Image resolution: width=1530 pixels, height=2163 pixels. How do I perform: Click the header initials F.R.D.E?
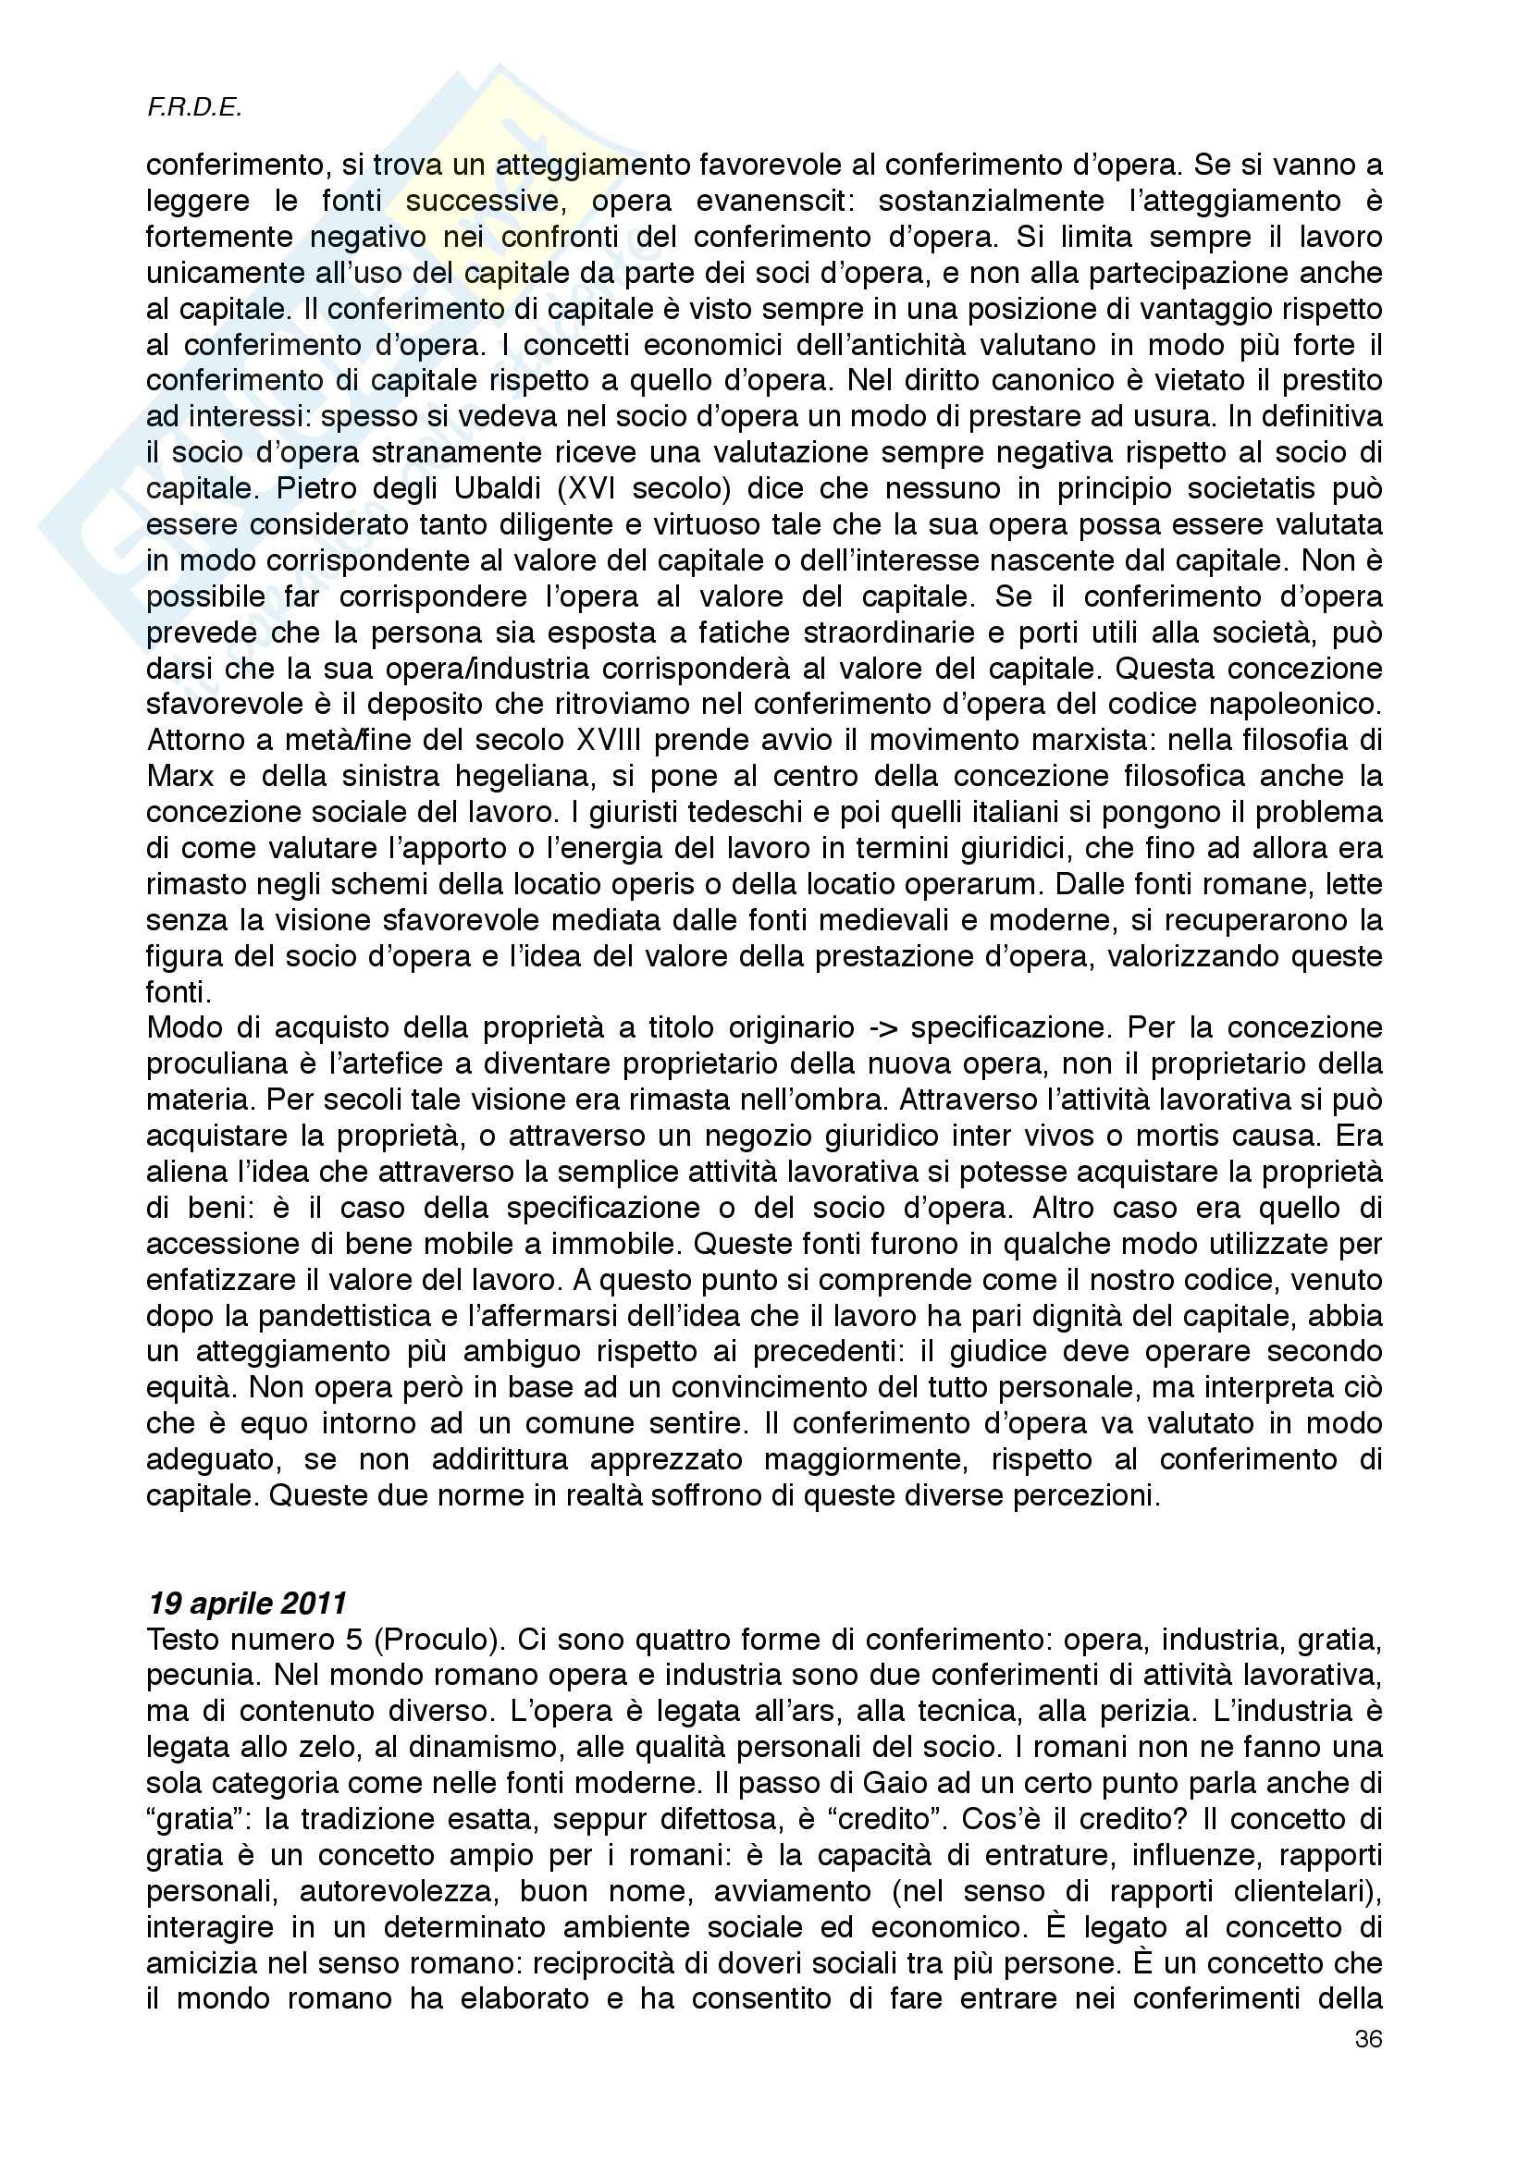point(195,109)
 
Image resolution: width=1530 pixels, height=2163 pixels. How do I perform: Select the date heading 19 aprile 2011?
point(247,1604)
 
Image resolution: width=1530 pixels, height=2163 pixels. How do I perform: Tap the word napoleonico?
point(1291,704)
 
